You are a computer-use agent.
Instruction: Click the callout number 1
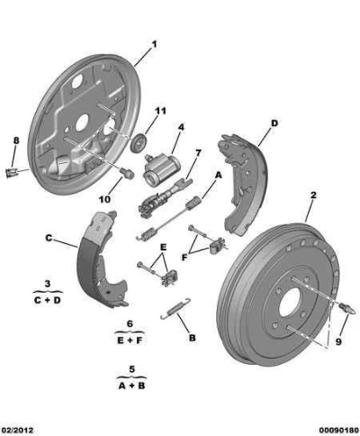154,45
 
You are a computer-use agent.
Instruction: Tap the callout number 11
160,111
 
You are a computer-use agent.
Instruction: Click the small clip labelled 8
12,172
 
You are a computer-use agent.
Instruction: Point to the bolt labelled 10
127,173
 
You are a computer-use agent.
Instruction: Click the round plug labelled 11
139,142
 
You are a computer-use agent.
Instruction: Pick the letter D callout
274,123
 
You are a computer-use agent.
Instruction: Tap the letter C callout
49,238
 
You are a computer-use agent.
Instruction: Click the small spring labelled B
175,308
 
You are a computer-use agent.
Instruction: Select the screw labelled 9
347,309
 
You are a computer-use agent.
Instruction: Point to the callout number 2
313,195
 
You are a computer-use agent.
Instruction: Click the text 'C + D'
48,300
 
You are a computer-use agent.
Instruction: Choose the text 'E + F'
130,341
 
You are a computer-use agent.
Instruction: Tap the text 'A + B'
131,386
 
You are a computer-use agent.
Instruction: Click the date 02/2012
17,430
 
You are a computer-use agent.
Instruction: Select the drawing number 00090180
338,430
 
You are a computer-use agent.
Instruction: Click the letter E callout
163,248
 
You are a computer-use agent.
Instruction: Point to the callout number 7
198,153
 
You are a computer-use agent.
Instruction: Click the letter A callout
219,175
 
